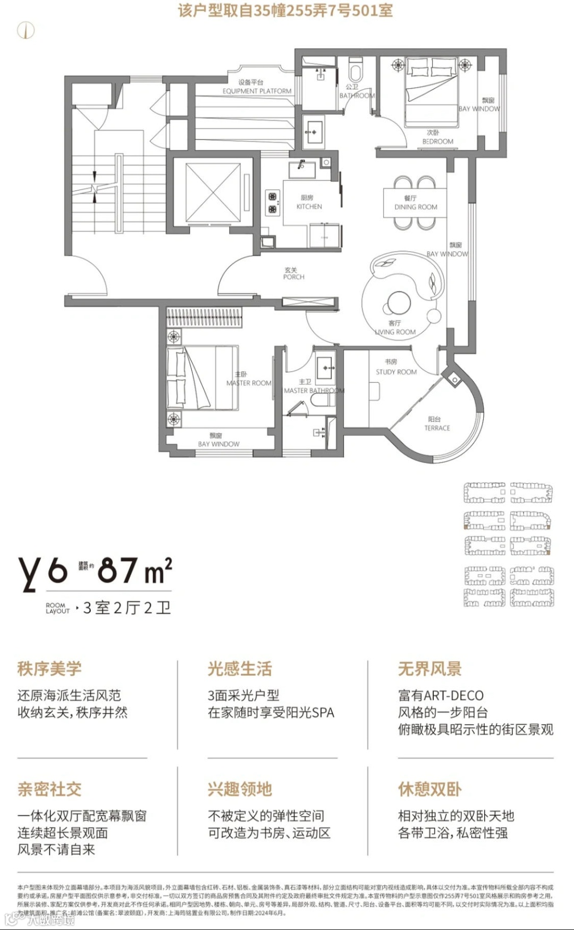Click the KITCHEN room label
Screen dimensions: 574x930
point(309,206)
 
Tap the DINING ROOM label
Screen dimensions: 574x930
point(416,207)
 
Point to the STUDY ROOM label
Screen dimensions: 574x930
point(396,372)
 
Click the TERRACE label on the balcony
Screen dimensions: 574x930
point(437,428)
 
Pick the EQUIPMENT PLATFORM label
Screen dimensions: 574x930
point(257,91)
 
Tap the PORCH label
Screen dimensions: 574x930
point(293,277)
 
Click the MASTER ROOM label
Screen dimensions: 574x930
point(249,383)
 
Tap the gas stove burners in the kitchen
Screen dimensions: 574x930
point(273,203)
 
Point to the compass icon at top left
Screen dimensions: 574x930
point(26,30)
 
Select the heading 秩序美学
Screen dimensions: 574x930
point(49,669)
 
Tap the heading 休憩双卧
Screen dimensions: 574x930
point(430,789)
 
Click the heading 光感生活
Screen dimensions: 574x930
point(240,669)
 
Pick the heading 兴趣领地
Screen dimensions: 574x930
point(240,789)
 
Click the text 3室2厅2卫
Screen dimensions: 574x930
point(127,608)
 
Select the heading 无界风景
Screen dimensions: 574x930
point(430,669)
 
